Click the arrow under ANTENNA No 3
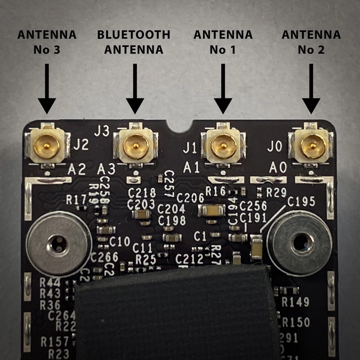(47, 90)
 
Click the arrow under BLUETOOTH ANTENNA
(135, 90)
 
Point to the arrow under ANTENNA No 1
(223, 90)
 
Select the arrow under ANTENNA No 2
(311, 90)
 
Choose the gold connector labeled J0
(312, 145)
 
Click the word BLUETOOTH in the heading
(133, 35)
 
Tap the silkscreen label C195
(301, 202)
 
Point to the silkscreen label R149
(295, 302)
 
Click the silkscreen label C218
(142, 193)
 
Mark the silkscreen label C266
(104, 257)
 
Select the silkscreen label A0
(278, 168)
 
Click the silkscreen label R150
(296, 322)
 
